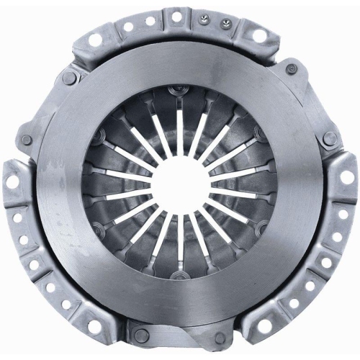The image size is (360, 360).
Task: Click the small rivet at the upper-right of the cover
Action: coord(292,70)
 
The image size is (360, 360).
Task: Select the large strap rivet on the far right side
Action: coord(330,138)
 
